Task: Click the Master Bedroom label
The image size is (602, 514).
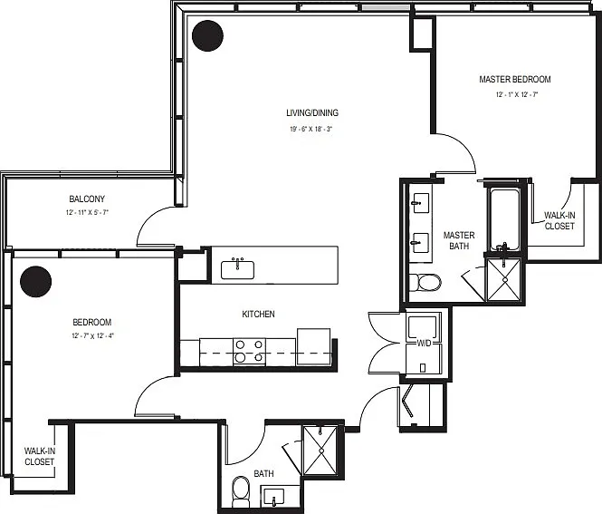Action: pos(515,79)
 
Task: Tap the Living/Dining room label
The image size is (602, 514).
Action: pos(312,112)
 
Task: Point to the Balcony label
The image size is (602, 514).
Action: pos(87,199)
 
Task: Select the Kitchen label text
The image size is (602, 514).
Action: pos(258,314)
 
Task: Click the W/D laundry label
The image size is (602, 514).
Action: pos(424,344)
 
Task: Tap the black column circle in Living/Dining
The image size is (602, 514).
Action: pos(207,35)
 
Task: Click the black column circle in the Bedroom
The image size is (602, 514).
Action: pos(35,281)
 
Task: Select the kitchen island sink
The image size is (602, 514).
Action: pos(237,269)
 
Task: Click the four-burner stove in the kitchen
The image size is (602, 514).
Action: pos(250,352)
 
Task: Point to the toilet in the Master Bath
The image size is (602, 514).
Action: pos(425,283)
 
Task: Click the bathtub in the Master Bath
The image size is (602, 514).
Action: pos(504,220)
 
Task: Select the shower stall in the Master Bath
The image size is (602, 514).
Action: pos(503,279)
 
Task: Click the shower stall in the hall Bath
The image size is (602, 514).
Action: pos(320,451)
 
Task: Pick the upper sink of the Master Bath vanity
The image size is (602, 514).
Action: pos(420,202)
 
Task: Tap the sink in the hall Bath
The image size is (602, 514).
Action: pos(273,497)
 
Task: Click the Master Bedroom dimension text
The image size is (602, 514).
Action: pos(516,94)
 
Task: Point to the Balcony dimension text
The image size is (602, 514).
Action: pos(87,212)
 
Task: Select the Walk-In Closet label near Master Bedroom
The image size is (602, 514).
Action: pos(559,220)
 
